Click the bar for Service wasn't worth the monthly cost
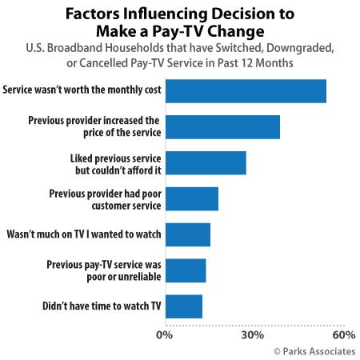coord(246,91)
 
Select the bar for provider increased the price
coord(222,126)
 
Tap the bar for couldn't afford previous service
coord(206,162)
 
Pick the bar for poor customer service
coord(192,198)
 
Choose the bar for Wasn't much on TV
coord(188,234)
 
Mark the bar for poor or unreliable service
coord(186,270)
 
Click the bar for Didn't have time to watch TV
coord(184,306)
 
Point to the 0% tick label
coord(166,334)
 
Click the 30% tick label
coord(253,334)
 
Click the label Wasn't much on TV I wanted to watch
coord(84,234)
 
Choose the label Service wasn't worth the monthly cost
coord(82,91)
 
